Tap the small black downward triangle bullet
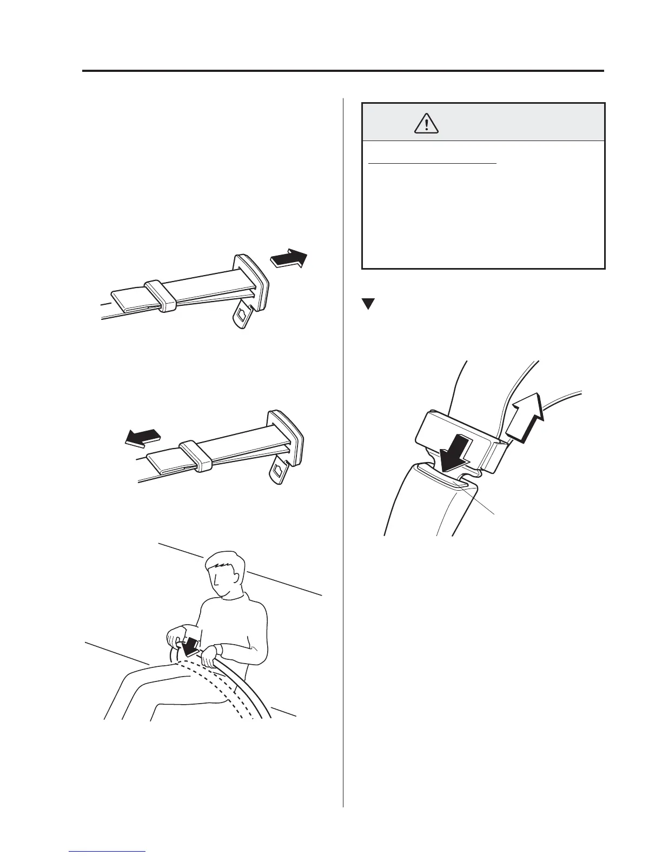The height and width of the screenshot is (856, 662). (x=368, y=304)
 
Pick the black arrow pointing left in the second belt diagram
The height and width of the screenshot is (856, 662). (x=142, y=437)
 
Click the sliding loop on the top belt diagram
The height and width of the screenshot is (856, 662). (x=158, y=296)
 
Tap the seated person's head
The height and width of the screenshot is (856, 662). (x=224, y=573)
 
